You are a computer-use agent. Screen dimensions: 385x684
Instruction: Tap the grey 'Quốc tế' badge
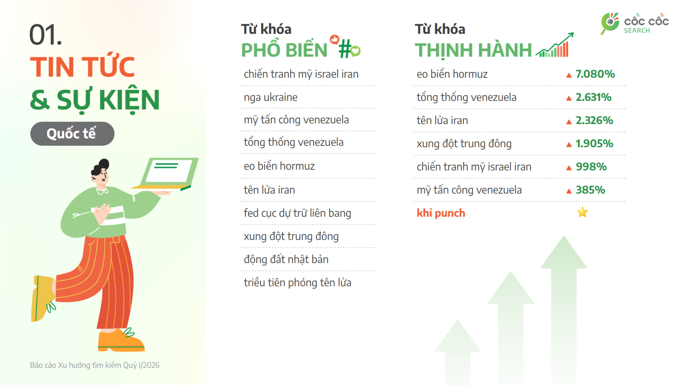tap(72, 134)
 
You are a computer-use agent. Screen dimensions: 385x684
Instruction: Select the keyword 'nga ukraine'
tap(271, 98)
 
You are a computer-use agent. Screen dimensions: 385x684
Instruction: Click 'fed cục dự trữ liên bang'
tap(298, 213)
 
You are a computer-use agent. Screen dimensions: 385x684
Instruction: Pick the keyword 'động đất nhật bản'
tap(286, 260)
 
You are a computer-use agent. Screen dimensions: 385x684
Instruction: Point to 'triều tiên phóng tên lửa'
tap(298, 283)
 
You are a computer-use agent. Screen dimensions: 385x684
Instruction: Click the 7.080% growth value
tap(595, 74)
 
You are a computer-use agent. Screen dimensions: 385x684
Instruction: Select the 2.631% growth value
tap(593, 98)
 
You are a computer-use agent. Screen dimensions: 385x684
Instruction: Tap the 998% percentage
tap(591, 167)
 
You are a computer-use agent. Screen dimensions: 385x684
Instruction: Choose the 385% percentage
tap(590, 190)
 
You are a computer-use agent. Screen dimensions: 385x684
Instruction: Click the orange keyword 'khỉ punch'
tap(441, 213)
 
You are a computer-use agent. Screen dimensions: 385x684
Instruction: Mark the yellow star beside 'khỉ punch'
tap(582, 212)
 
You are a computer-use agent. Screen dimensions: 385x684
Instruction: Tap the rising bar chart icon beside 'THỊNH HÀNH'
tap(554, 46)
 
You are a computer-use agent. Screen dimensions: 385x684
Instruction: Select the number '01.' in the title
tap(45, 35)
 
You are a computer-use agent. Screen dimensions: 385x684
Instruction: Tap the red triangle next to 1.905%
tap(569, 145)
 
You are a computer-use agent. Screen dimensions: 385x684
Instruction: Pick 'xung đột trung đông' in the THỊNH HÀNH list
tap(464, 144)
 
